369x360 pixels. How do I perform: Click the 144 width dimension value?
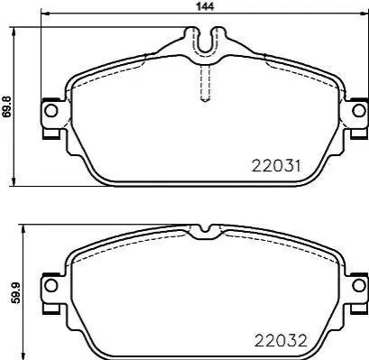click(206, 6)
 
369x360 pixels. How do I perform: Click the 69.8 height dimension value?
click(6, 106)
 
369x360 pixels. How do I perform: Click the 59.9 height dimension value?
click(15, 293)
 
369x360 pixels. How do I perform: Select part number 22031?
click(276, 166)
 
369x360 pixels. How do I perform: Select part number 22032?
click(281, 340)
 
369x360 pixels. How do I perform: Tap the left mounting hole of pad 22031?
click(51, 111)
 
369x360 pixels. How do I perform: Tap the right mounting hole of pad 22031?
click(358, 111)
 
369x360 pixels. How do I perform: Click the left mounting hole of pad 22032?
click(51, 285)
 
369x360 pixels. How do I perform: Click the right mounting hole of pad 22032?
click(358, 285)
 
